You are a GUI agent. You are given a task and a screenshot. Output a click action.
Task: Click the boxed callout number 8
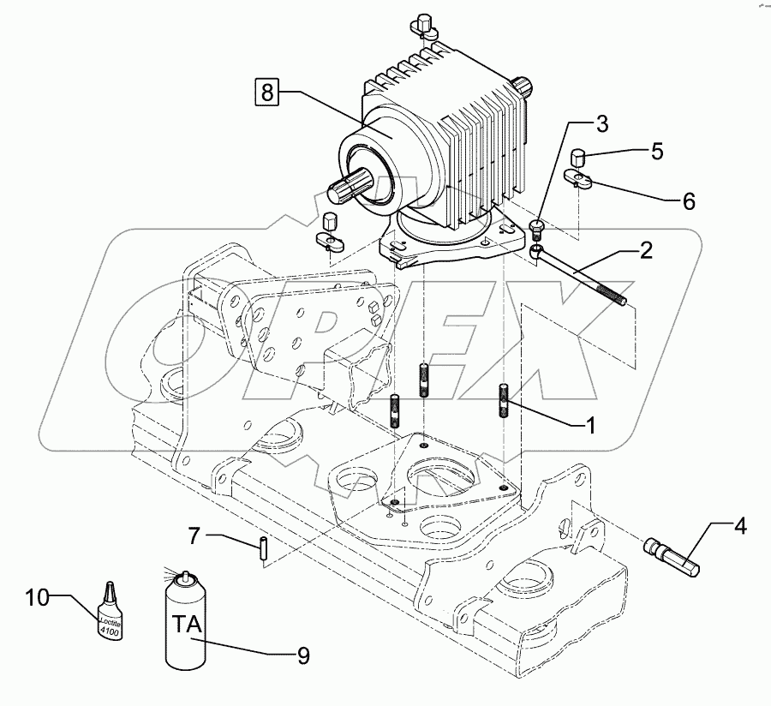coord(267,91)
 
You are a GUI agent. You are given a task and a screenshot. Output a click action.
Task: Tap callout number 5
coord(656,152)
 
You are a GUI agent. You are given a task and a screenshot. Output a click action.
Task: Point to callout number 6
coord(689,201)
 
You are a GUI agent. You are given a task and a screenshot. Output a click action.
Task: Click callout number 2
coord(646,250)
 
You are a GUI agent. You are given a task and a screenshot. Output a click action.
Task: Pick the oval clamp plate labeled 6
coord(579,180)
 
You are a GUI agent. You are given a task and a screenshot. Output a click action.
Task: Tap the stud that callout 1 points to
coord(503,401)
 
